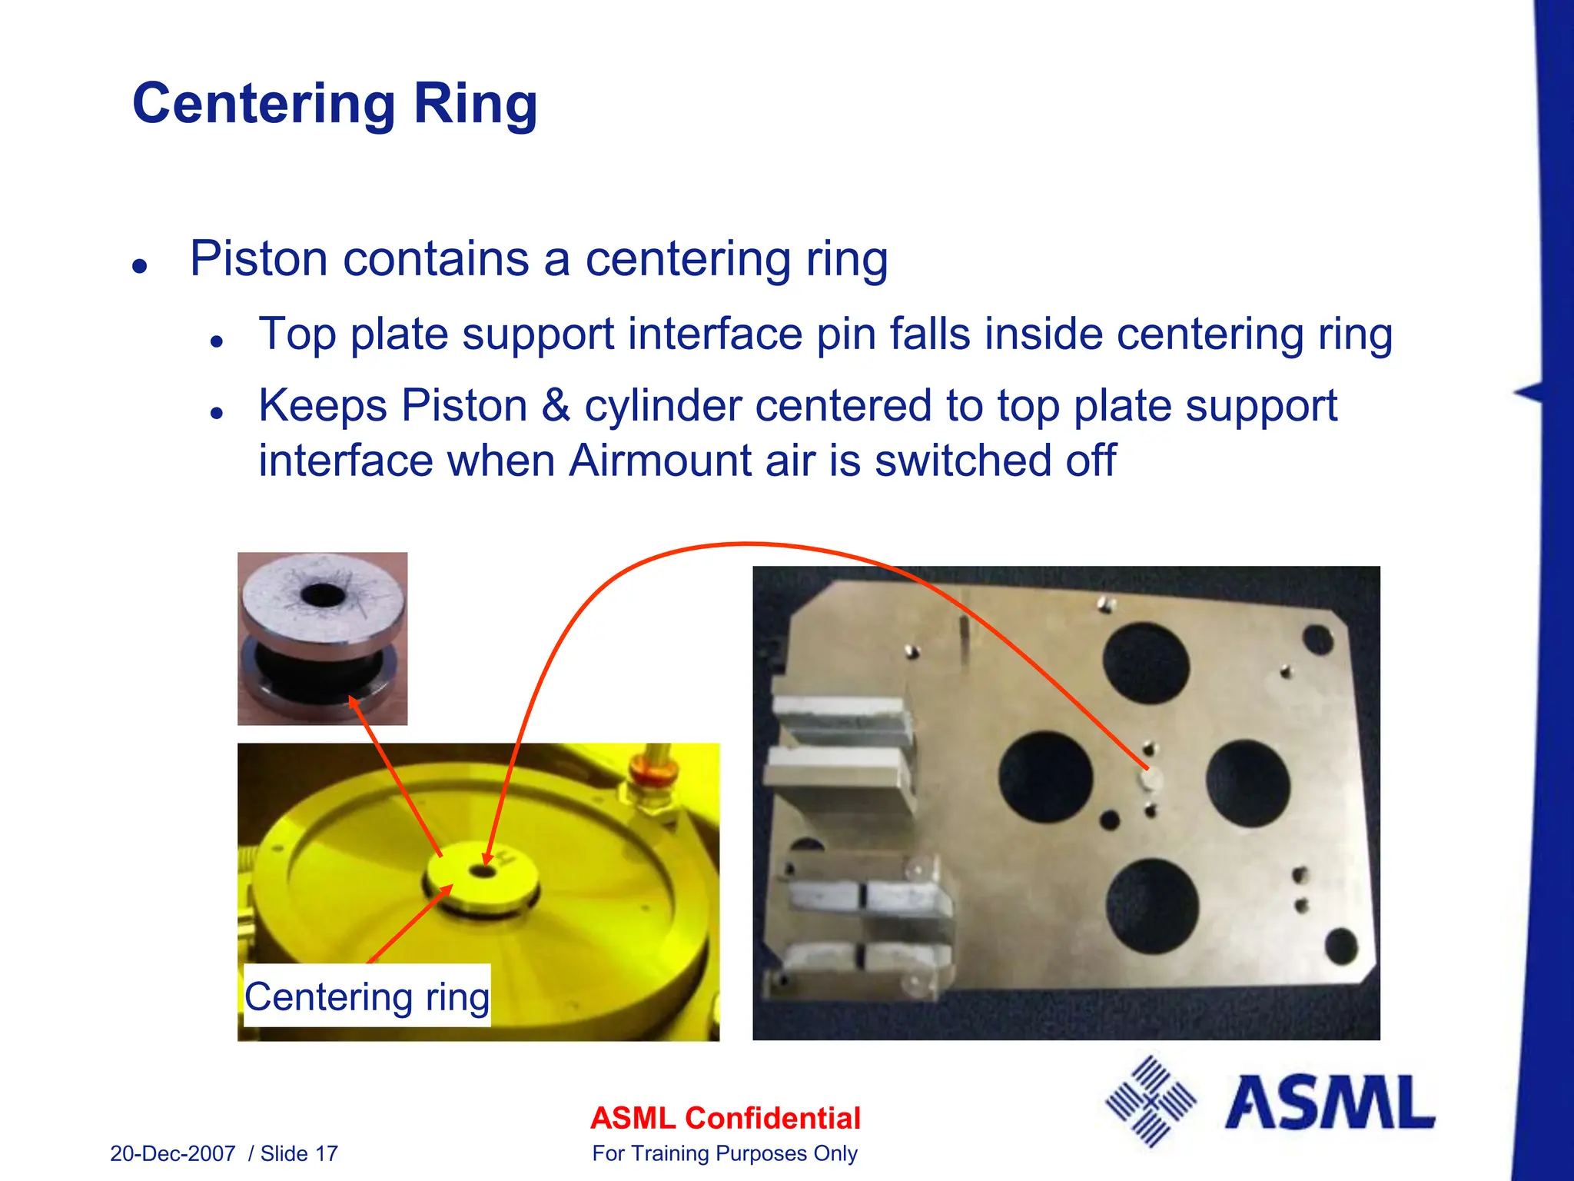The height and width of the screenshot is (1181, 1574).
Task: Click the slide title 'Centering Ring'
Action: click(334, 104)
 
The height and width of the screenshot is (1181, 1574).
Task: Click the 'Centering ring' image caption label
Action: click(367, 996)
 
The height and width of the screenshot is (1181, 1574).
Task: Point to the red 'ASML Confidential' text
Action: click(725, 1118)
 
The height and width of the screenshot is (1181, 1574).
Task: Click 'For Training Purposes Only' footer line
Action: click(724, 1153)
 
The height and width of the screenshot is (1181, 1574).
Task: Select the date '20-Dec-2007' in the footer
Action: click(173, 1153)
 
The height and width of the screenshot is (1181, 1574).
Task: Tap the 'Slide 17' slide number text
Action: click(299, 1153)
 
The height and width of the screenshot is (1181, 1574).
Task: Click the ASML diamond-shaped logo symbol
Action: click(1151, 1101)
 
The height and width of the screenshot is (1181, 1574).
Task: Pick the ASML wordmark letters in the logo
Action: click(1330, 1103)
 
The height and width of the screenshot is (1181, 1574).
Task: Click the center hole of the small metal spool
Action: click(323, 594)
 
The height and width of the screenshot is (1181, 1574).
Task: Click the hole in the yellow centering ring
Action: click(483, 872)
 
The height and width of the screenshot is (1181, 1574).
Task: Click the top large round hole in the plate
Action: click(1146, 663)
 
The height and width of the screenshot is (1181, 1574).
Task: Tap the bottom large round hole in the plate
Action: click(1152, 905)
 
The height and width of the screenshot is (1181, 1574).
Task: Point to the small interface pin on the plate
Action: click(1150, 779)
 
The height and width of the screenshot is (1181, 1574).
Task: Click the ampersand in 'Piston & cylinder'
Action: click(555, 406)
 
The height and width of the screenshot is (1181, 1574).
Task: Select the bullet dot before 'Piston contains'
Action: click(139, 266)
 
